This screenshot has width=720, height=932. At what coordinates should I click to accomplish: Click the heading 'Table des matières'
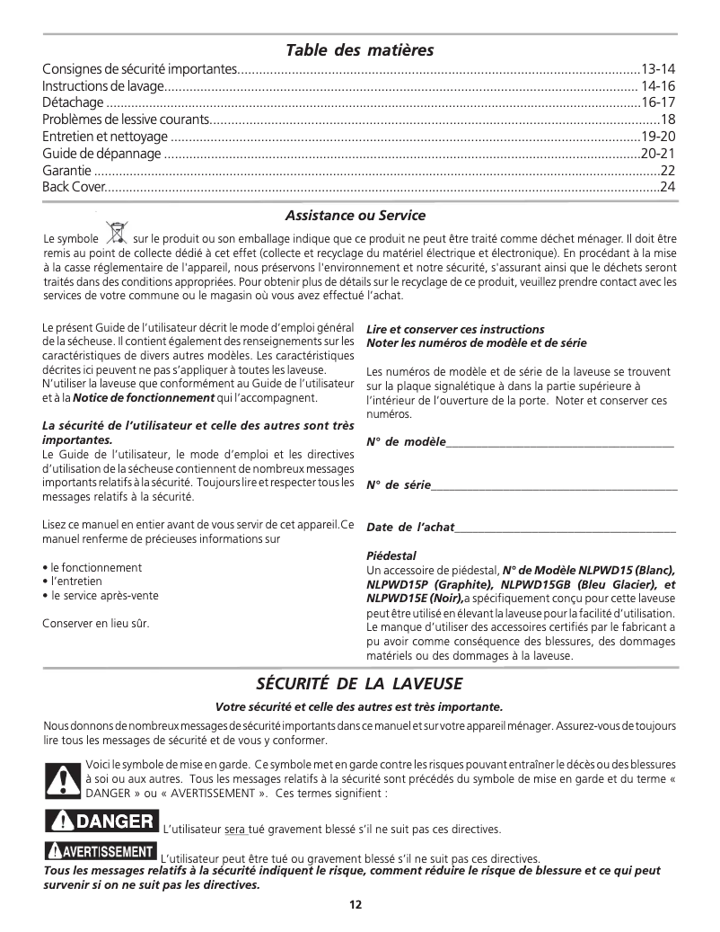coord(359,49)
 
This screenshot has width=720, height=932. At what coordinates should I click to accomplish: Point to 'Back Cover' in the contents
coord(74,187)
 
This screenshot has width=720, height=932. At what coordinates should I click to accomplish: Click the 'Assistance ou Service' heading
coord(355,216)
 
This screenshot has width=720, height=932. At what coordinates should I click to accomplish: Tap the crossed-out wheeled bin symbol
coord(116,234)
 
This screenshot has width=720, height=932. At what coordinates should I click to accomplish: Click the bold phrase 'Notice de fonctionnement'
coord(144,398)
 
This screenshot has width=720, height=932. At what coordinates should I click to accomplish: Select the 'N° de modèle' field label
coord(405,441)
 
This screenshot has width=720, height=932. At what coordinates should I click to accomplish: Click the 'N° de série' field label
coord(399,485)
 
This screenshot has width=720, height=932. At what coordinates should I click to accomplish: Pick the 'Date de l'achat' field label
coord(410,528)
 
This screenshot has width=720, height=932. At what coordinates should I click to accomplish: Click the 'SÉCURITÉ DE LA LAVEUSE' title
coord(359,684)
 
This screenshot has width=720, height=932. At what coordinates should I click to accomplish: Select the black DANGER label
coord(101,821)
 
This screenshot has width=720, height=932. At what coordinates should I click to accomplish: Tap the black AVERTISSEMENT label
coord(100,851)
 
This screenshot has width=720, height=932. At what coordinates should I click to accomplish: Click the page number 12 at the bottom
coord(356,905)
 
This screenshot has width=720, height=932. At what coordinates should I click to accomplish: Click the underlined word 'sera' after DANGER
coord(235,829)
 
